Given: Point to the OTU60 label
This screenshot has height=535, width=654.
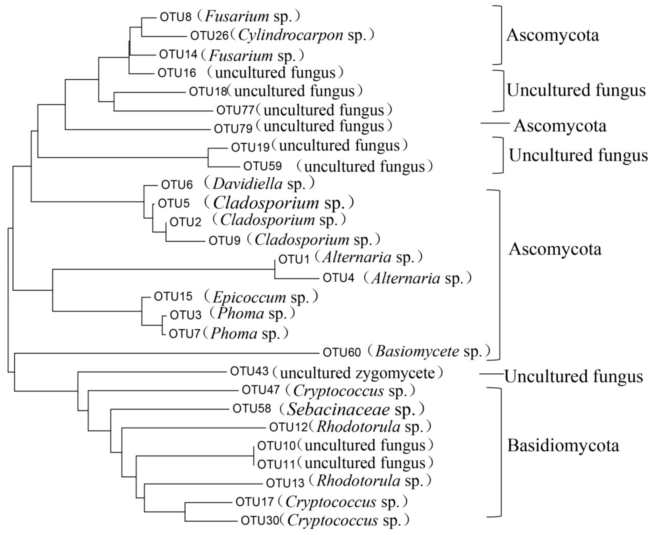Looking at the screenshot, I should [x=342, y=352].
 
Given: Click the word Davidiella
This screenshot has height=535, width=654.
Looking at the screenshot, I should [x=247, y=184].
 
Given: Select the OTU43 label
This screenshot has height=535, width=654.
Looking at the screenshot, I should [x=249, y=371].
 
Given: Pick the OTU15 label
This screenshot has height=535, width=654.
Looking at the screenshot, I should [x=173, y=297].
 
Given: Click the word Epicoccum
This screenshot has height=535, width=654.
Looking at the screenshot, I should [x=249, y=297].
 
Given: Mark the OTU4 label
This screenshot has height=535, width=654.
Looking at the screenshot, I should [x=338, y=278].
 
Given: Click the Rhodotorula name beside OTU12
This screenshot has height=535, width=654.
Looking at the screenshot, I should [x=358, y=427].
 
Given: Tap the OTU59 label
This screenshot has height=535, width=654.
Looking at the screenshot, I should [x=262, y=166].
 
